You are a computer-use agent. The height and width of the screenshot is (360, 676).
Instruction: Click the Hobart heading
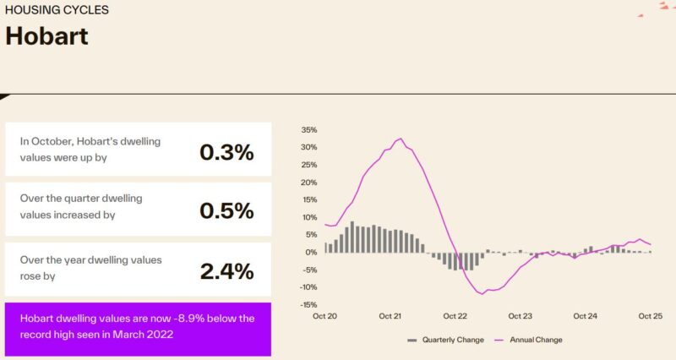coord(47,36)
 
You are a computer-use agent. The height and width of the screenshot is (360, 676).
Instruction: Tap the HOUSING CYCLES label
coord(57,10)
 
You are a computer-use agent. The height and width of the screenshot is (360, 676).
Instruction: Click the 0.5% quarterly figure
coord(226,210)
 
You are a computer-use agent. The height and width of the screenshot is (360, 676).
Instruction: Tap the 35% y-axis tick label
coord(308,130)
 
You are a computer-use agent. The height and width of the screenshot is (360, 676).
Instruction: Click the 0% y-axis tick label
coord(311,253)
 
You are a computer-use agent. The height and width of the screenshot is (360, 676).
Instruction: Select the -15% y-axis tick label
coord(308,305)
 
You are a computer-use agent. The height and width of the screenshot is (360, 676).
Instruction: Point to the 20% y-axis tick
coord(308,183)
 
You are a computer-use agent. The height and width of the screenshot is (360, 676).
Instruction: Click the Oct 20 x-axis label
coord(324,317)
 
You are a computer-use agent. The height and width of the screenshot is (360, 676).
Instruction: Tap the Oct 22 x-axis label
coord(455,317)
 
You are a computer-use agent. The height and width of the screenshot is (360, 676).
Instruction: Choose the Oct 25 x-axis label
coord(651,317)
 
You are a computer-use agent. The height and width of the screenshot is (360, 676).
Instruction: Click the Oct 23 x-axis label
coord(521,317)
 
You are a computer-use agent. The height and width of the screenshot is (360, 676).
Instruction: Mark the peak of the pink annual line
coord(401,139)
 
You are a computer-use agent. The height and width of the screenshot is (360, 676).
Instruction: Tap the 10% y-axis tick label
coord(308,217)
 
